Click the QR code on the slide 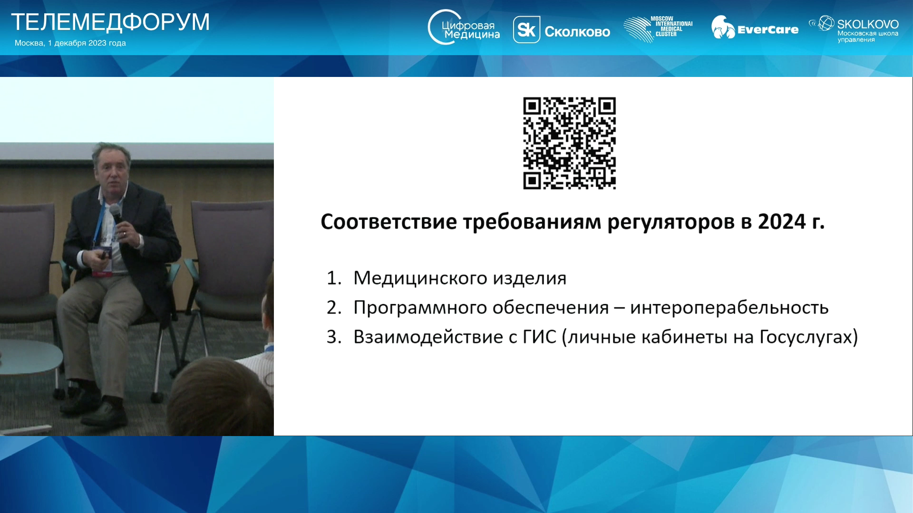[x=569, y=143]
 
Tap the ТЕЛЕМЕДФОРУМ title [x=110, y=22]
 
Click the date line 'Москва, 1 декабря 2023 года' [x=70, y=43]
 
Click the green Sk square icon [x=526, y=30]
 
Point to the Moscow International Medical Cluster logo [x=658, y=28]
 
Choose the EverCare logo [x=755, y=28]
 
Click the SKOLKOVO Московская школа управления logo [x=854, y=29]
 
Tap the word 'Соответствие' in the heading [x=389, y=222]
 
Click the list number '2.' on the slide [x=334, y=308]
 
